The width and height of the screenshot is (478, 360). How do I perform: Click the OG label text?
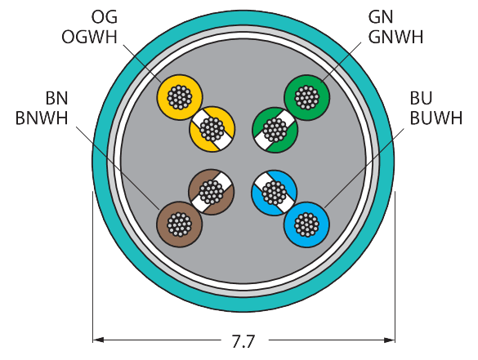[x=105, y=17]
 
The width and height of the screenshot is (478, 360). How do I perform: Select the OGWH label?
[x=89, y=38]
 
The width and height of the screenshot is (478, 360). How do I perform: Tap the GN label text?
[x=381, y=17]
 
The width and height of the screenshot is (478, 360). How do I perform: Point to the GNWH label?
[x=395, y=38]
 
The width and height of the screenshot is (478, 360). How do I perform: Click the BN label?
[x=56, y=99]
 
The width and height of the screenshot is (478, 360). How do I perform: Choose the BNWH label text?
[x=42, y=118]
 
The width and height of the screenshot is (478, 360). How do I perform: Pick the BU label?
[x=421, y=99]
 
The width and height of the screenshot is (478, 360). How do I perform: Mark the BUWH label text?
[x=436, y=118]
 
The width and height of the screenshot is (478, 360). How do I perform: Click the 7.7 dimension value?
[x=243, y=341]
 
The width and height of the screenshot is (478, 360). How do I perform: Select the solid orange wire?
[x=180, y=97]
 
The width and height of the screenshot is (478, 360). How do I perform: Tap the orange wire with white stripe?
[x=212, y=129]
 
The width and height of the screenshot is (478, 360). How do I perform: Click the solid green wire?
[x=307, y=97]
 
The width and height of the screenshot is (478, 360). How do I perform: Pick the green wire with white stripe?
[x=275, y=130]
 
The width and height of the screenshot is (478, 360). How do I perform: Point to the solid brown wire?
[x=180, y=224]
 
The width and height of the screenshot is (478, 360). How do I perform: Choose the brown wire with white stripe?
[x=212, y=192]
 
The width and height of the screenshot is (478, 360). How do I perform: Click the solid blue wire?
[x=306, y=224]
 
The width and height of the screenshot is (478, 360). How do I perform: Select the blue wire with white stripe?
[x=274, y=193]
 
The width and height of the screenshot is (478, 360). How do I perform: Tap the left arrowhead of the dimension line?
[x=98, y=340]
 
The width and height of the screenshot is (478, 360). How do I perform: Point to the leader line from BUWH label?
[x=364, y=168]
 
